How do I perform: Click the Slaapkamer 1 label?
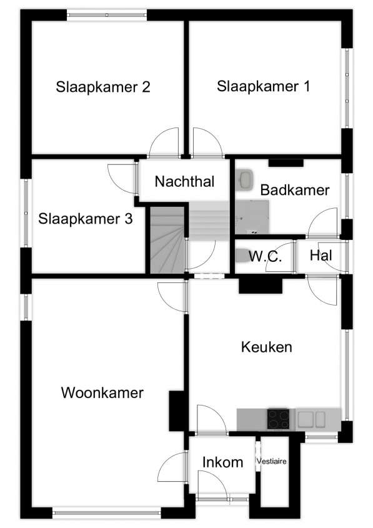(x=263, y=86)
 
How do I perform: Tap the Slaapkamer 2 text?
(x=102, y=87)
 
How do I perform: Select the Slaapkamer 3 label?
(x=85, y=219)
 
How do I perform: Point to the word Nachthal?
(x=184, y=181)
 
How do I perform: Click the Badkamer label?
(x=294, y=190)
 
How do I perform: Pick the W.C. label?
(x=266, y=256)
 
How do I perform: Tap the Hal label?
(x=321, y=255)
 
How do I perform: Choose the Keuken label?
(x=266, y=347)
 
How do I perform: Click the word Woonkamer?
(x=102, y=392)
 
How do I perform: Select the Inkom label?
(x=222, y=462)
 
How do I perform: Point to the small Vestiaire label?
(x=272, y=461)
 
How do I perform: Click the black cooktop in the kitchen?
(x=279, y=419)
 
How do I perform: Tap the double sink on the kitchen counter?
(x=311, y=419)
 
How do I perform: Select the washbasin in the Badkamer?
(x=245, y=180)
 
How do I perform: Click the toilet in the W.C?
(x=242, y=256)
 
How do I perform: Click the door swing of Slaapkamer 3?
(x=122, y=179)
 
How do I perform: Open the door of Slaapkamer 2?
(x=164, y=142)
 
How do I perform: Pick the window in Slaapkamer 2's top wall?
(x=106, y=15)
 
